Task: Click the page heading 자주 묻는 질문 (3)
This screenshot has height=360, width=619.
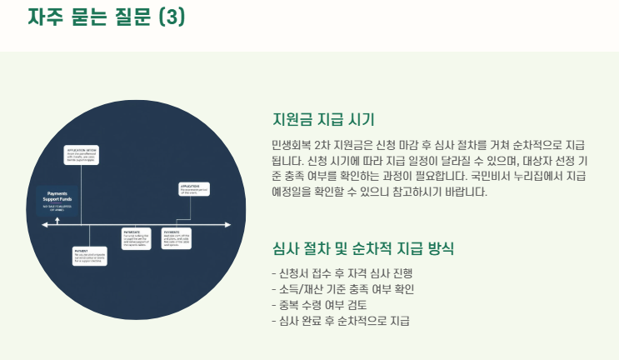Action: pyautogui.click(x=107, y=17)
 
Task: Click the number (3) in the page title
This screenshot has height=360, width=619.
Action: pyautogui.click(x=172, y=17)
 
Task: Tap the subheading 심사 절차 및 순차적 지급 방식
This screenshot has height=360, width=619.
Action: pyautogui.click(x=363, y=248)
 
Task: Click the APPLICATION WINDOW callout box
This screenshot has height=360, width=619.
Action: pyautogui.click(x=82, y=155)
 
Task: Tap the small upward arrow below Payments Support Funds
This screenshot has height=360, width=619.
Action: pyautogui.click(x=57, y=221)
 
